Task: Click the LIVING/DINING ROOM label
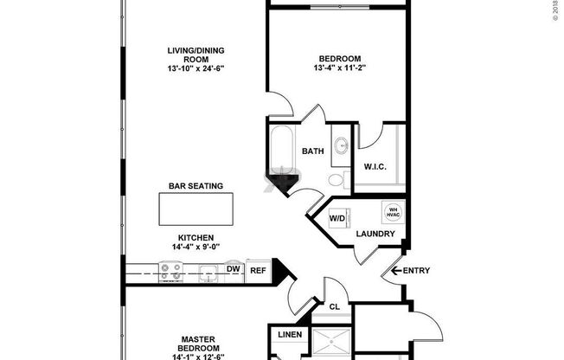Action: pyautogui.click(x=195, y=55)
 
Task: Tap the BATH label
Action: pyautogui.click(x=312, y=151)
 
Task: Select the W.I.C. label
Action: pyautogui.click(x=375, y=167)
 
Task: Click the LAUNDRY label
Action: pyautogui.click(x=375, y=235)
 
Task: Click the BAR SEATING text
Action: pyautogui.click(x=195, y=185)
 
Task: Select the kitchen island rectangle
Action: pyautogui.click(x=195, y=209)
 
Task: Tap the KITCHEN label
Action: pyautogui.click(x=195, y=237)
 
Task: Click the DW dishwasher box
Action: pyautogui.click(x=233, y=270)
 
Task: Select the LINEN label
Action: pyautogui.click(x=288, y=335)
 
